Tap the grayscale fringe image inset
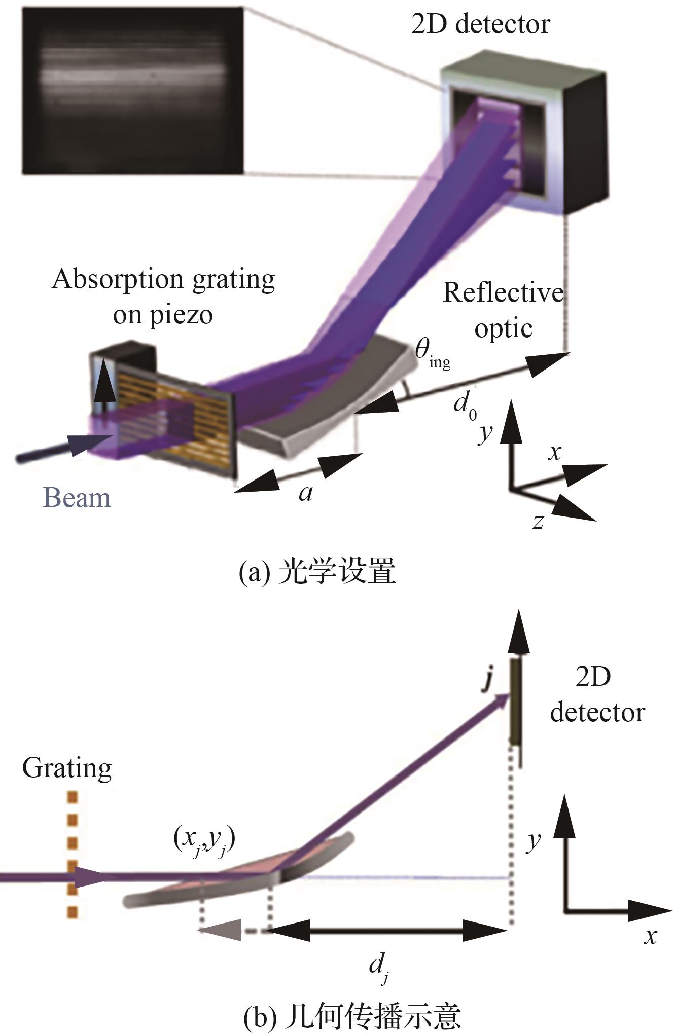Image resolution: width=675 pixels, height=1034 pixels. point(133,91)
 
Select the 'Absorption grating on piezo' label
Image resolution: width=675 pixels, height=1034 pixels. point(163,296)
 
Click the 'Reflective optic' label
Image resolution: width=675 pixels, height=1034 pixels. point(503,310)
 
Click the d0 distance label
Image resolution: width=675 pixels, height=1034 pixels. point(465,405)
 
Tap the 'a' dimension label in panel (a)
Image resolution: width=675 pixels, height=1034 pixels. point(305,492)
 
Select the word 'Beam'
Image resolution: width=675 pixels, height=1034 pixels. point(77,498)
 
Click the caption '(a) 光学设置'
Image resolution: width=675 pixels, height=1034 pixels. point(317,572)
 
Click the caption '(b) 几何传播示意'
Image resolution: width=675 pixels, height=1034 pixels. point(352,1017)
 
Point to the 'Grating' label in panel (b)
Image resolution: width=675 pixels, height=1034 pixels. point(67,768)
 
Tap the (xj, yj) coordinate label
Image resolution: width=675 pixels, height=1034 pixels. point(204,840)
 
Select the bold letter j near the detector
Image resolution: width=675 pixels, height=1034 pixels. point(487,679)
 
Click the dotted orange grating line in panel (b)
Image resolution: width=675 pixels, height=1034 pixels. point(72,855)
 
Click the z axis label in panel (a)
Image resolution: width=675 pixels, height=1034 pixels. point(538,521)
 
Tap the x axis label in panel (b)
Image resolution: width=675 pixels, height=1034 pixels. point(650,935)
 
